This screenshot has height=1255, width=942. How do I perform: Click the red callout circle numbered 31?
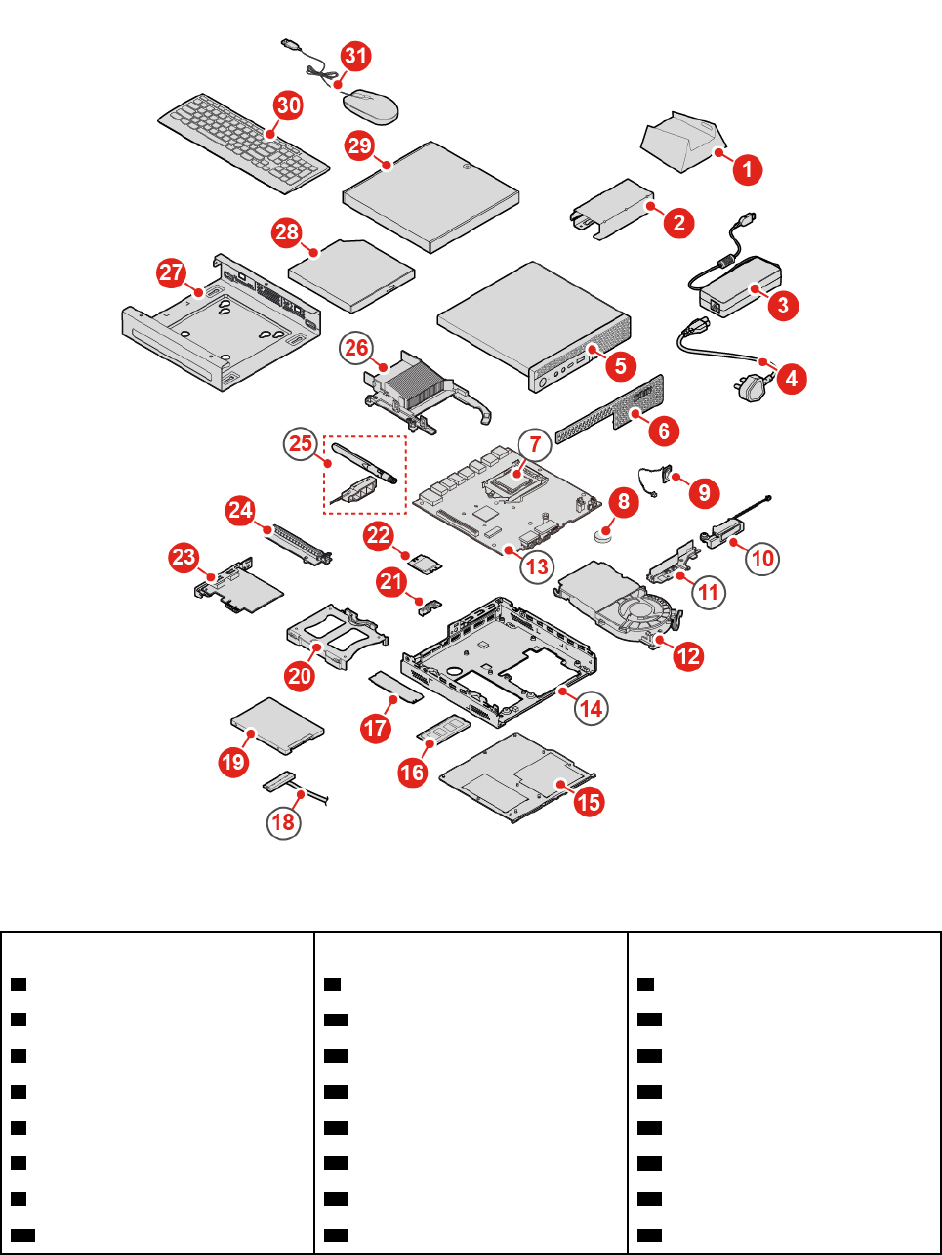click(x=355, y=56)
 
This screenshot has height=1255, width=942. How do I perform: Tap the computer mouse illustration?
click(x=370, y=105)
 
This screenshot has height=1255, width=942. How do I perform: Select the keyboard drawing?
click(x=243, y=143)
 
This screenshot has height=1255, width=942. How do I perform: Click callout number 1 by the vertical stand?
click(x=747, y=169)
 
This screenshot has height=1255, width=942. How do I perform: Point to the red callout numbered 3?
click(x=783, y=305)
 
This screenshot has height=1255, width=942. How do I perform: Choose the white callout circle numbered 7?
click(x=535, y=444)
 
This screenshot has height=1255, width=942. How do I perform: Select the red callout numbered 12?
click(x=689, y=655)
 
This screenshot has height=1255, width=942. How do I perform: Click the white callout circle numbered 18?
click(x=283, y=821)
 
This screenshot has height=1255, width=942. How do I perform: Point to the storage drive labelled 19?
click(x=277, y=725)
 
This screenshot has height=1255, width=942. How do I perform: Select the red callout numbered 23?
click(x=184, y=558)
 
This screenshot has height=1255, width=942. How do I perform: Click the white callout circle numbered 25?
click(x=301, y=443)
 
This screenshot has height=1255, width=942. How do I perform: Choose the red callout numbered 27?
click(x=172, y=272)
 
